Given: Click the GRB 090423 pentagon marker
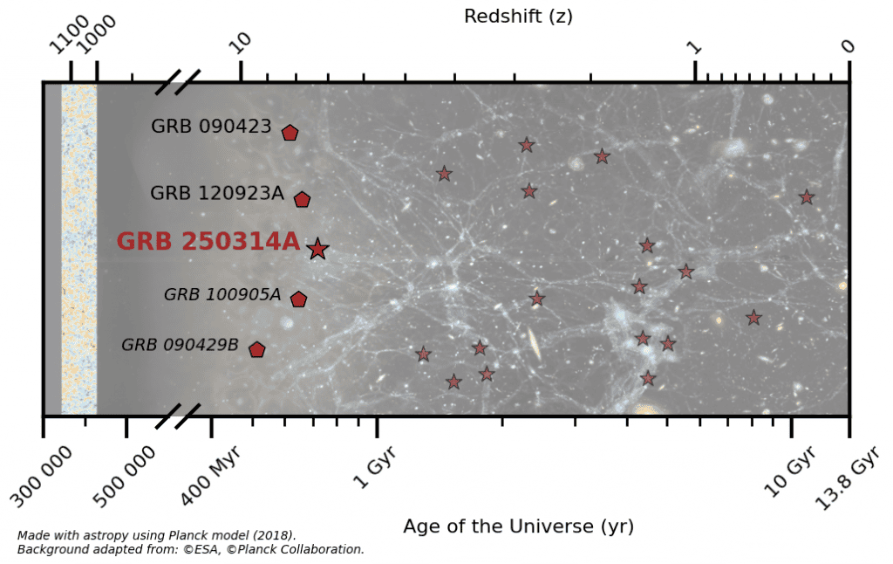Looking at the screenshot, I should (290, 133).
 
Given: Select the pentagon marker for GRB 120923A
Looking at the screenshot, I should (302, 199).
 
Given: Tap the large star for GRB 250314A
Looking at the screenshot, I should (317, 249).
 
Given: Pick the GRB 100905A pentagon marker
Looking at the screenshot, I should (298, 299).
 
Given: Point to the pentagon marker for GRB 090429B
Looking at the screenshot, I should (256, 349).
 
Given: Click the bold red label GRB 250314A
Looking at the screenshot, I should (208, 242).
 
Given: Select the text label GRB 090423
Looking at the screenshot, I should (211, 127).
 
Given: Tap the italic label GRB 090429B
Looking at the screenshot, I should (180, 345).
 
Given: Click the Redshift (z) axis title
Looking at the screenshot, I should (518, 16).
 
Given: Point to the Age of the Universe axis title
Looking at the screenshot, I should (518, 526).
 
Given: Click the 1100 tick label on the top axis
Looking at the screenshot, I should (69, 39).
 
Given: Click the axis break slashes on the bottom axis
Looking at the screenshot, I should (178, 416).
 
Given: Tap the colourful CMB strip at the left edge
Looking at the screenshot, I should (78, 249).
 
